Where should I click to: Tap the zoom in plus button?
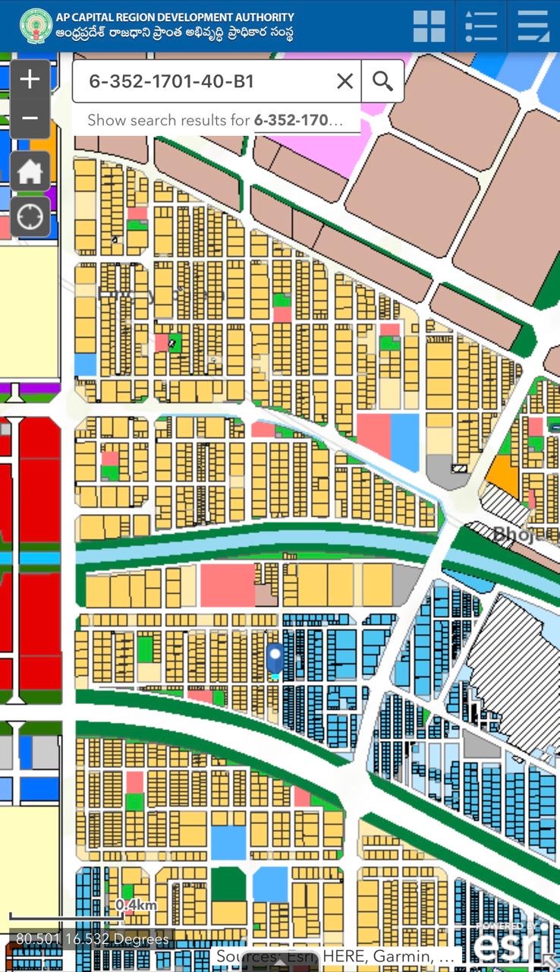(x=30, y=79)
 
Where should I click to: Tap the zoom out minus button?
(x=30, y=118)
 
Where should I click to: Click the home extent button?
(x=30, y=172)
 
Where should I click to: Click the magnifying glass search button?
(x=382, y=81)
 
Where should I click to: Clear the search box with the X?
(x=344, y=81)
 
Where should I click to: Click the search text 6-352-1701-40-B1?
(x=171, y=81)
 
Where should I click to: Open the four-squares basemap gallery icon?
(x=429, y=26)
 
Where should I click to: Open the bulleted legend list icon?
(x=481, y=26)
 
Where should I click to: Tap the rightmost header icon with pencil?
(x=533, y=26)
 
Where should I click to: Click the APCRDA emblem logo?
(x=35, y=26)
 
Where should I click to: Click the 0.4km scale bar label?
(x=137, y=904)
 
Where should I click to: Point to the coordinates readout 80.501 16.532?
(x=92, y=939)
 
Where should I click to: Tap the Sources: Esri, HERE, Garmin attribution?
(x=335, y=956)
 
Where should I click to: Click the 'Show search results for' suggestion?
(x=215, y=120)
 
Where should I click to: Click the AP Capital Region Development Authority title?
(x=175, y=17)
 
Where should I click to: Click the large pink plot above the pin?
(x=227, y=584)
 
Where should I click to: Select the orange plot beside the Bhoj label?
(x=502, y=472)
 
